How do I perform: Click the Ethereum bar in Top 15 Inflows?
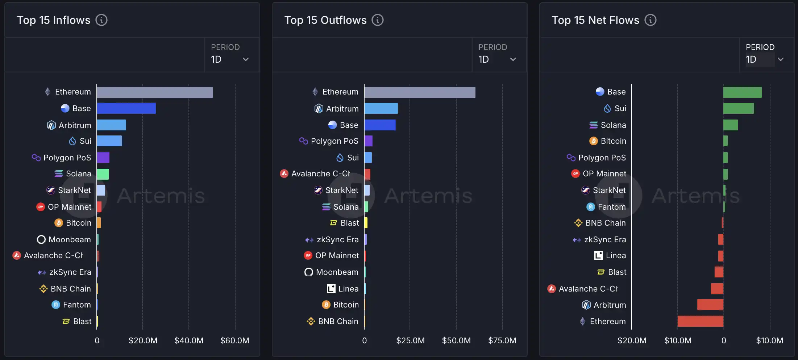point(155,92)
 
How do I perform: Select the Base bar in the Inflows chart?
point(126,108)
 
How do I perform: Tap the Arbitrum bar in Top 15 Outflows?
point(381,108)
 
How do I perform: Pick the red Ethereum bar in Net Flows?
point(700,321)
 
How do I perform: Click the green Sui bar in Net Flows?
point(738,108)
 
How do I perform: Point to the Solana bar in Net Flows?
point(730,125)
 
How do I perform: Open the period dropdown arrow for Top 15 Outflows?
point(513,59)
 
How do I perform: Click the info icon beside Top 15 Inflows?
point(101,20)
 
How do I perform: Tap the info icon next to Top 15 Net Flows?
point(651,20)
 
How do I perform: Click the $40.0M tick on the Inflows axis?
point(189,340)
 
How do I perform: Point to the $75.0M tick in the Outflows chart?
point(502,340)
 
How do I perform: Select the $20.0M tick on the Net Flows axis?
point(632,340)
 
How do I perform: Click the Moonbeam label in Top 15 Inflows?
point(70,239)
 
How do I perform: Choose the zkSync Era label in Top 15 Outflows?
point(337,239)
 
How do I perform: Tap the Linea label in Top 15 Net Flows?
point(616,255)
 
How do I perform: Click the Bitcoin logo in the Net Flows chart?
point(594,141)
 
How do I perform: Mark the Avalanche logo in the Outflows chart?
point(284,173)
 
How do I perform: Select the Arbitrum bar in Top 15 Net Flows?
point(710,305)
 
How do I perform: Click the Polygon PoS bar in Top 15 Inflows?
point(103,158)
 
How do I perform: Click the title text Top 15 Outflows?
point(325,20)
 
